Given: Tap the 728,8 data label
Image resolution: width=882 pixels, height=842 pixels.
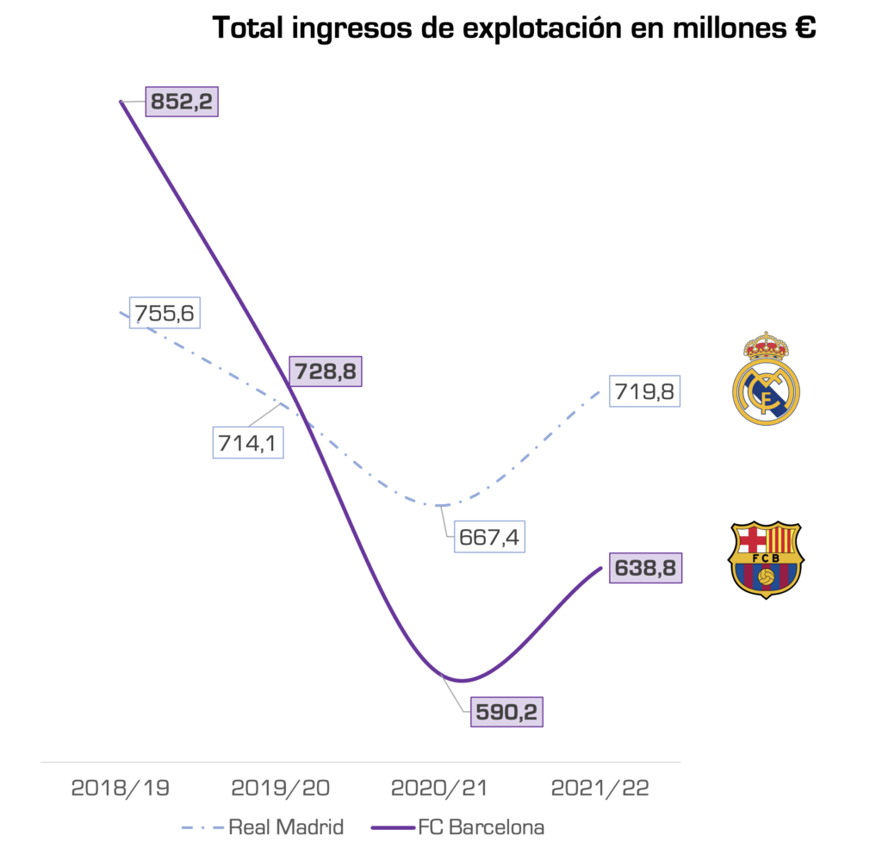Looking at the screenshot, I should (x=326, y=371).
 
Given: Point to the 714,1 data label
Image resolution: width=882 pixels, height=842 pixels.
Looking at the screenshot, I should (x=249, y=443).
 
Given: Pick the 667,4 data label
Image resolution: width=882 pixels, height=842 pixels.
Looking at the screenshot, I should (x=489, y=536).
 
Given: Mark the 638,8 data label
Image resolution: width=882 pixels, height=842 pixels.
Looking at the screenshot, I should (x=645, y=568).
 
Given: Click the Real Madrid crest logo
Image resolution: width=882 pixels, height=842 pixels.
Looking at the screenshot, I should (x=766, y=378).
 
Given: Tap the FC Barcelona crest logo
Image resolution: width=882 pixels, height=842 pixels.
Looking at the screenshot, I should (x=766, y=559).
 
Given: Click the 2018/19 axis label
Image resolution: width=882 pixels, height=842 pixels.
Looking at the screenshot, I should (x=121, y=788).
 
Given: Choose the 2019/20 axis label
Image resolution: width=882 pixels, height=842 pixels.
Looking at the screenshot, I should (x=280, y=788).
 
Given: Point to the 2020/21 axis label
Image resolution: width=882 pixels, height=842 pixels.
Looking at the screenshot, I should (x=439, y=788).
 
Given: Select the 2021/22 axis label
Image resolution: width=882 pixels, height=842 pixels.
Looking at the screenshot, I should (x=600, y=788).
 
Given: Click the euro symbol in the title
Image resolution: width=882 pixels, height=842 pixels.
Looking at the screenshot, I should (x=804, y=28).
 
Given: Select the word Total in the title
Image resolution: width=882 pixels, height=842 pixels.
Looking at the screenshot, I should (x=246, y=28).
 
